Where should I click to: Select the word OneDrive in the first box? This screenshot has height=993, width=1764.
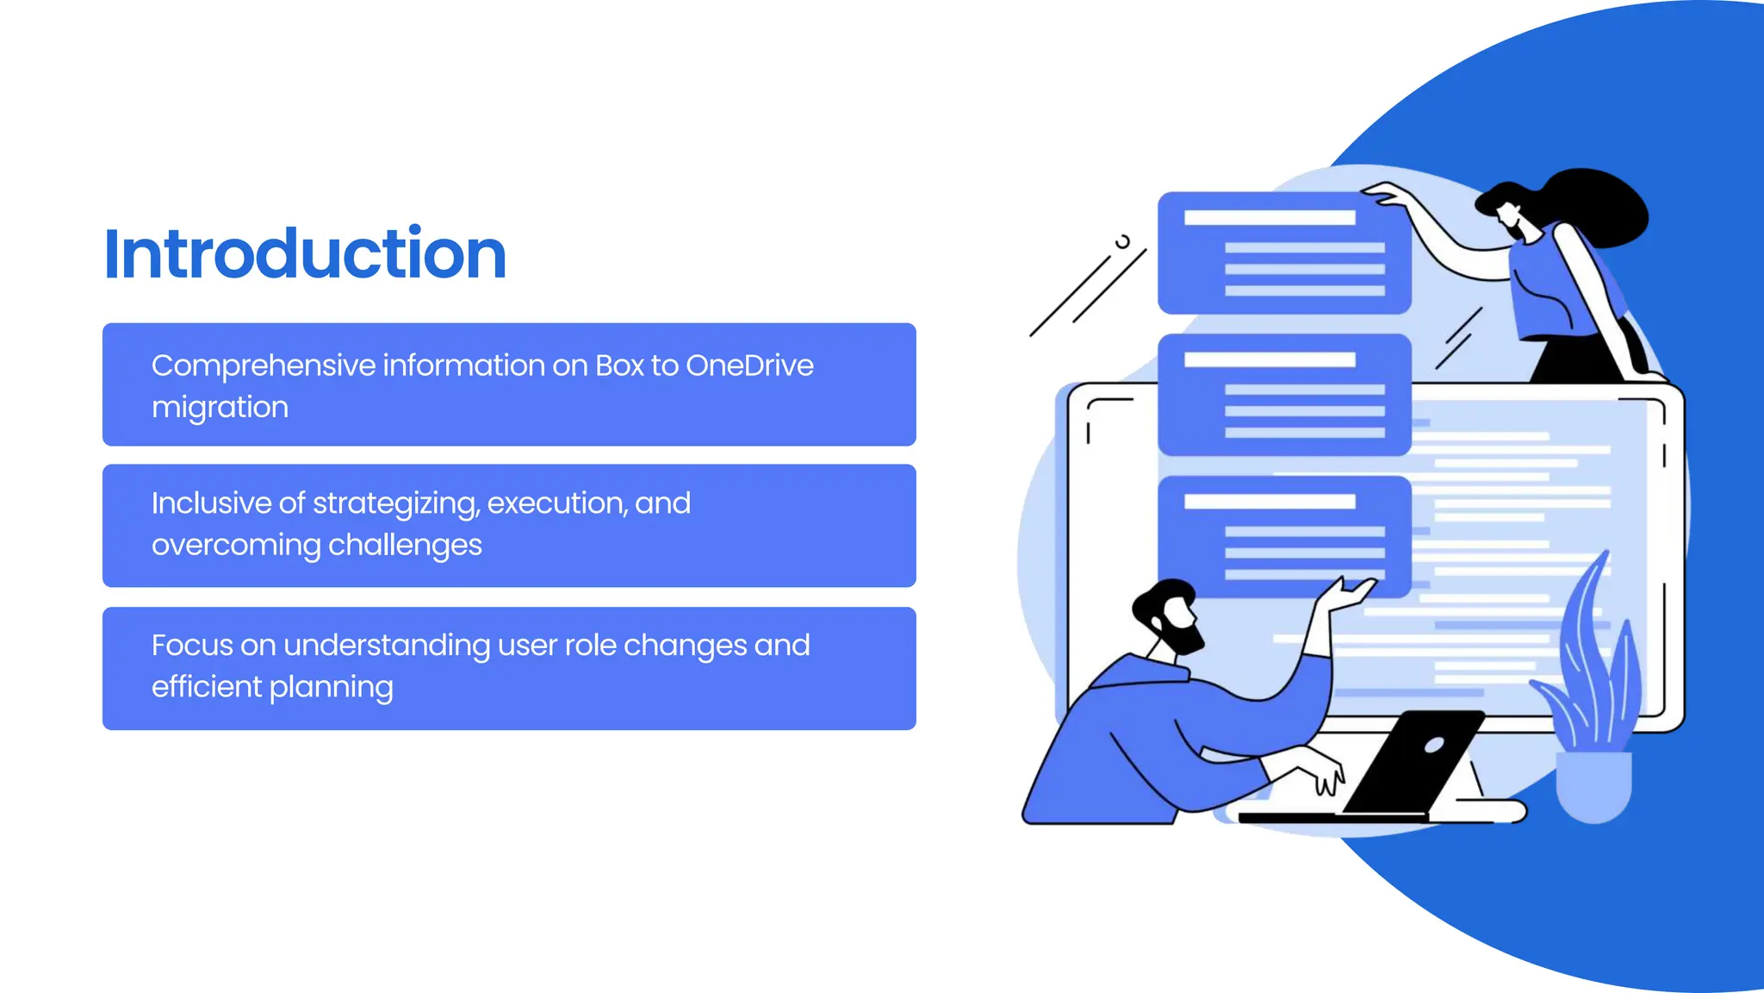[x=749, y=365]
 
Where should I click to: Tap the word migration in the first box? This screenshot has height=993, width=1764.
[x=220, y=407]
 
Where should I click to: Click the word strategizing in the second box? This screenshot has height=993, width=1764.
[x=395, y=503]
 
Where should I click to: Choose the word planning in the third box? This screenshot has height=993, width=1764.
[x=331, y=687]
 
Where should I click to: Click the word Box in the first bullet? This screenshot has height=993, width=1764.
[x=619, y=365]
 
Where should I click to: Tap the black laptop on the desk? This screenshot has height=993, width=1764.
[x=1413, y=763]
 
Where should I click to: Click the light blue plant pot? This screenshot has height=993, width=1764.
[x=1593, y=784]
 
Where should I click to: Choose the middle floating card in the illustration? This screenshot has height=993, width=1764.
[x=1283, y=395]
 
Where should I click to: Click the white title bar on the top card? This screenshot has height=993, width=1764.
[x=1270, y=217]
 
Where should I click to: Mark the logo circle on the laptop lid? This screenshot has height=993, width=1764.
[x=1434, y=745]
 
